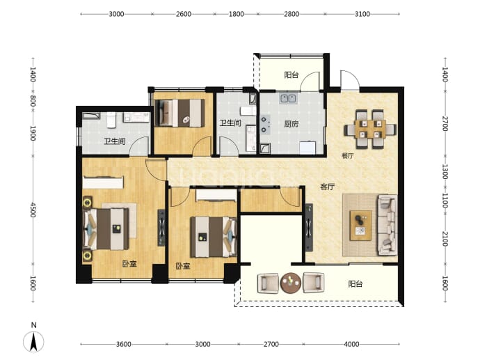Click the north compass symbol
pos(33,340)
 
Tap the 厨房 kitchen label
pos(291,124)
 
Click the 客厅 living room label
pos(327,187)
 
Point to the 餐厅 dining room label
pos(347,156)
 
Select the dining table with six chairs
pos(370,129)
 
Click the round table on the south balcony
pos(291,283)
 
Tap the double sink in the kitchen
pos(288,98)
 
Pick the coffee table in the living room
pos(360,225)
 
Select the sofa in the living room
pos(387,225)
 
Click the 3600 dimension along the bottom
pos(123,344)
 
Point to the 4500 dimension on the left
pos(33,210)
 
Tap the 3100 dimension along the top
pos(362,14)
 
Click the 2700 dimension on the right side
pos(445,123)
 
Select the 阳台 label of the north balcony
pos(291,75)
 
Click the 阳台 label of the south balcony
pos(355,284)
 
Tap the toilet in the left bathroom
pos(111,120)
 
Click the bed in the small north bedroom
pos(179,113)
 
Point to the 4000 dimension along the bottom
pos(351,344)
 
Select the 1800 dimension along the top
pos(237,14)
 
